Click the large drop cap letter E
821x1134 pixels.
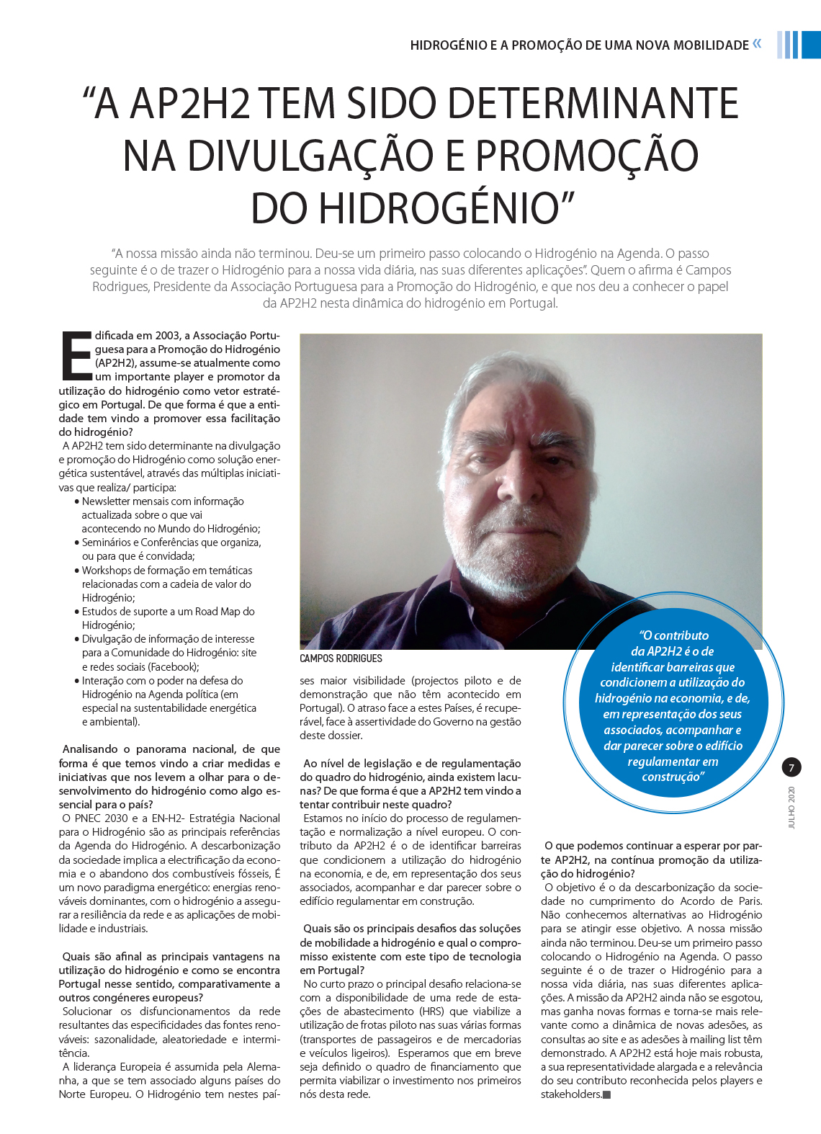pyautogui.click(x=76, y=356)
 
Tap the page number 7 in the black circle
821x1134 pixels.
pyautogui.click(x=791, y=767)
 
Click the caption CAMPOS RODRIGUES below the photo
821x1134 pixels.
pyautogui.click(x=341, y=658)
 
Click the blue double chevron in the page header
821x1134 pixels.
pyautogui.click(x=757, y=44)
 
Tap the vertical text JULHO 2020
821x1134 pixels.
pyautogui.click(x=791, y=807)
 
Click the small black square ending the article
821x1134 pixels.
pyautogui.click(x=606, y=1095)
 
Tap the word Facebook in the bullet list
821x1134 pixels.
pyautogui.click(x=174, y=667)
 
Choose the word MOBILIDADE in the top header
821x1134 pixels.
pyautogui.click(x=711, y=45)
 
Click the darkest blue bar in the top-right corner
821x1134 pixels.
pyautogui.click(x=811, y=45)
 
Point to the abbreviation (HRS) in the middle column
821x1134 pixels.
pyautogui.click(x=432, y=1012)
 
